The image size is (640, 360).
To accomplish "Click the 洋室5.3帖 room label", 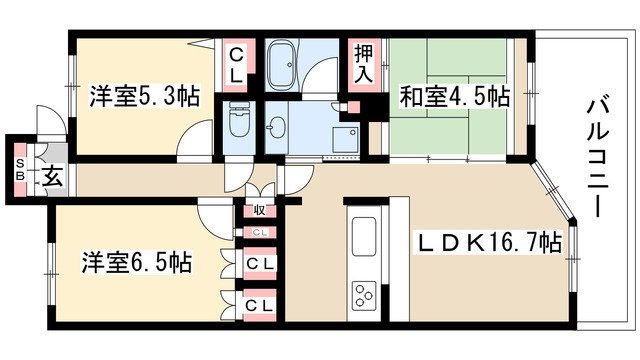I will click(x=143, y=96).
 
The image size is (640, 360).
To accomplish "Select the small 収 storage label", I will click(x=258, y=210).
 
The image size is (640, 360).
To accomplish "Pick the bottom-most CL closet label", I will click(x=257, y=303).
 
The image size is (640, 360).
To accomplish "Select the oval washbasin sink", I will click(x=279, y=126).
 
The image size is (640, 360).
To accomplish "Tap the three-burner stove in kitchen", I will click(x=362, y=296).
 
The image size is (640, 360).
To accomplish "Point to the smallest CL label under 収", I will click(x=258, y=232).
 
